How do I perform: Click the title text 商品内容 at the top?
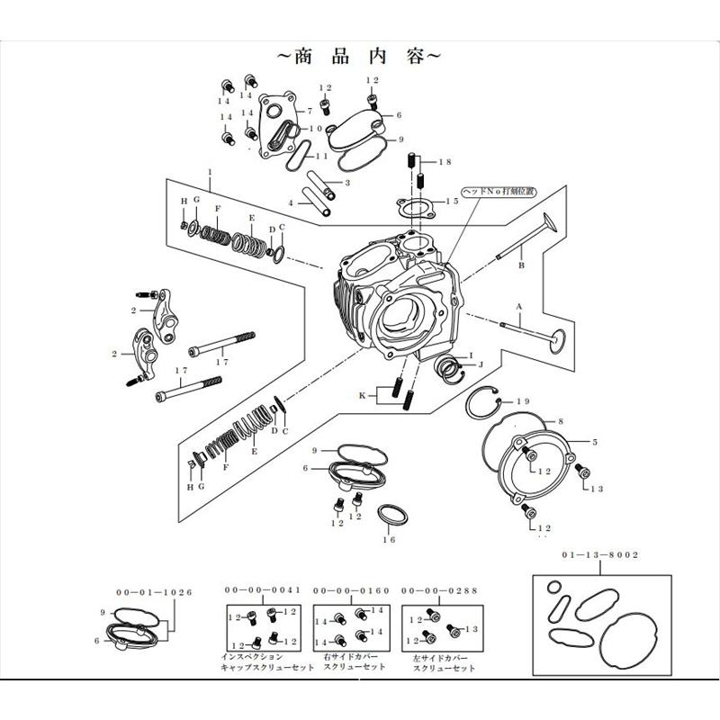click(x=359, y=55)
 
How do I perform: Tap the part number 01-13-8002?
click(x=604, y=555)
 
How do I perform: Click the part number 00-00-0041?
click(x=262, y=590)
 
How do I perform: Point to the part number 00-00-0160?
click(x=351, y=590)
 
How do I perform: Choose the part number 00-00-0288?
click(x=439, y=590)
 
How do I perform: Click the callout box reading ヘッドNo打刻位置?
click(x=498, y=192)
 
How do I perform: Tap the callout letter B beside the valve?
click(x=520, y=267)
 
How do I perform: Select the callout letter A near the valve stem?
click(x=519, y=305)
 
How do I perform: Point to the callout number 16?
click(x=389, y=539)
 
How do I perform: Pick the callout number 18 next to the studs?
click(x=444, y=162)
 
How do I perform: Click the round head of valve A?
click(x=558, y=339)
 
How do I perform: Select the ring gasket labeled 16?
click(x=390, y=515)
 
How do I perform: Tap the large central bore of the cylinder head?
click(x=399, y=315)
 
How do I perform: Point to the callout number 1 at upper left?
click(x=209, y=171)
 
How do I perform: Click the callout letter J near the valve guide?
click(x=481, y=364)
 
